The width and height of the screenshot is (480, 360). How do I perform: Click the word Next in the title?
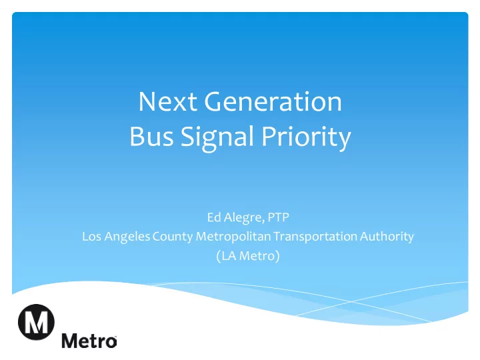pyautogui.click(x=168, y=101)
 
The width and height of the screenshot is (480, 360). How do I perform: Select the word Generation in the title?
pyautogui.click(x=273, y=101)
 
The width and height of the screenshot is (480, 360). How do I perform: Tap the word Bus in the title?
pyautogui.click(x=151, y=136)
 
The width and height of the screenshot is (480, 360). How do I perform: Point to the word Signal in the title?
pyautogui.click(x=217, y=138)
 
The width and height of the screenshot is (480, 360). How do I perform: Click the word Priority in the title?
pyautogui.click(x=306, y=138)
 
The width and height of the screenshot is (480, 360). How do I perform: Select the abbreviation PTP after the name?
pyautogui.click(x=278, y=217)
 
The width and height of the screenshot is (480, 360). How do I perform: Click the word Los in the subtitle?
pyautogui.click(x=91, y=236)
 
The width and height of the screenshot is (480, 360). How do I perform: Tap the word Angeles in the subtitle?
pyautogui.click(x=127, y=237)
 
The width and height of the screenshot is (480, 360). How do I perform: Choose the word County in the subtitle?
pyautogui.click(x=173, y=237)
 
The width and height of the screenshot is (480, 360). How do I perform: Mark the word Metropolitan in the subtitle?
pyautogui.click(x=233, y=237)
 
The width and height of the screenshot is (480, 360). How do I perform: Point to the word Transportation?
pyautogui.click(x=315, y=237)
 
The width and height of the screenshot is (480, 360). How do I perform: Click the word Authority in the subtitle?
pyautogui.click(x=387, y=237)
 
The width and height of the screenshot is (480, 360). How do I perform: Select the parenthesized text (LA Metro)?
pyautogui.click(x=247, y=256)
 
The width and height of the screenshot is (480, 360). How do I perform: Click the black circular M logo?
pyautogui.click(x=36, y=322)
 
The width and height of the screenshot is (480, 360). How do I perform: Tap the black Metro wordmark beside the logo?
pyautogui.click(x=89, y=341)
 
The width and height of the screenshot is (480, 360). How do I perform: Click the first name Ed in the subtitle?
pyautogui.click(x=214, y=217)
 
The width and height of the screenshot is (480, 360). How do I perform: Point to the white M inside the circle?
pyautogui.click(x=36, y=323)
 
